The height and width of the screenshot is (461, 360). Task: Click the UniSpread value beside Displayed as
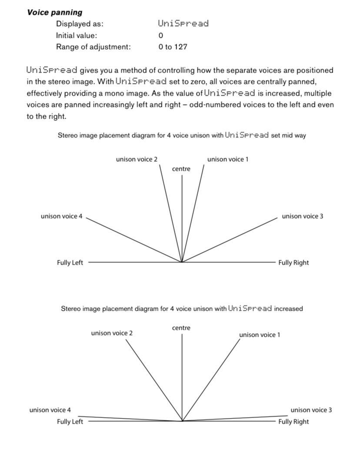click(183, 23)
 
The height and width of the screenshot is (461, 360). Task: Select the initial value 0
click(161, 35)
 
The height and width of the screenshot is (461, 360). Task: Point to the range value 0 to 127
click(173, 47)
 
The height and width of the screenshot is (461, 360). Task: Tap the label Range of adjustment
click(93, 47)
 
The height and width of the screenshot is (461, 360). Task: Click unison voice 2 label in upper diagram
click(137, 159)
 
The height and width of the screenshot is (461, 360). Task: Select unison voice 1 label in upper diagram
click(228, 159)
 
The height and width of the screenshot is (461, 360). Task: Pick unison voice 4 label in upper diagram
click(61, 216)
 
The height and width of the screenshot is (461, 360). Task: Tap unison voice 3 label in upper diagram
click(303, 216)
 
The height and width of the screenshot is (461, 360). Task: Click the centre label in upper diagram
click(181, 169)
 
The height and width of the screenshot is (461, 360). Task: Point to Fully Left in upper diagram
click(70, 262)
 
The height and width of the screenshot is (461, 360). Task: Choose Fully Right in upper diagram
click(293, 262)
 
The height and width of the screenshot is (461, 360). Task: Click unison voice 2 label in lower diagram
click(112, 333)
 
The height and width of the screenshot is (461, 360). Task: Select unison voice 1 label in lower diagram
click(260, 335)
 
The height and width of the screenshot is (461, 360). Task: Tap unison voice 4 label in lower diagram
click(50, 410)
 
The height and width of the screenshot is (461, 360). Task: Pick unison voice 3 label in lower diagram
click(311, 410)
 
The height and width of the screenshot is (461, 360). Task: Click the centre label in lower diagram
click(181, 328)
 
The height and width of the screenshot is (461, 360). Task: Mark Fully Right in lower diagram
click(293, 421)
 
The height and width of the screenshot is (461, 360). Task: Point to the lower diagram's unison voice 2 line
click(154, 381)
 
